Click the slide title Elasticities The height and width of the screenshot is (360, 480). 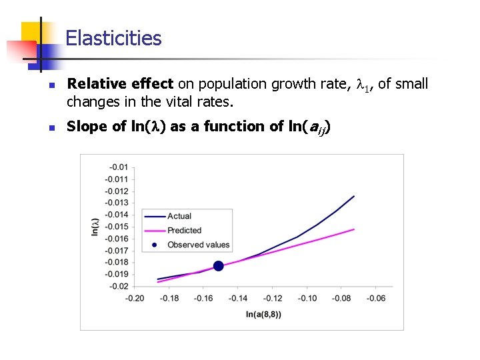(113, 38)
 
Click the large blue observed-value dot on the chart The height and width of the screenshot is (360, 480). (218, 266)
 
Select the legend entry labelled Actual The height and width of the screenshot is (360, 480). (179, 216)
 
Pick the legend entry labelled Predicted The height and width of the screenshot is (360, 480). (184, 231)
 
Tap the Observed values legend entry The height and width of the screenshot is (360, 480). (198, 245)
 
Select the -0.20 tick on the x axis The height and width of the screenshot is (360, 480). (135, 298)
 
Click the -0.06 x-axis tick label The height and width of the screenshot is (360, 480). (376, 298)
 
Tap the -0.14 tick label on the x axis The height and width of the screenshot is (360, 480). (238, 298)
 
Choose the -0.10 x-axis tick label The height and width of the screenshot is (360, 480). (307, 298)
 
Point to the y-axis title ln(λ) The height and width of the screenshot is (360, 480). (95, 227)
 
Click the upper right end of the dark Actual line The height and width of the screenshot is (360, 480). (354, 196)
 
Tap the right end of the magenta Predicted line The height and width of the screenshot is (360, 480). (354, 229)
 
